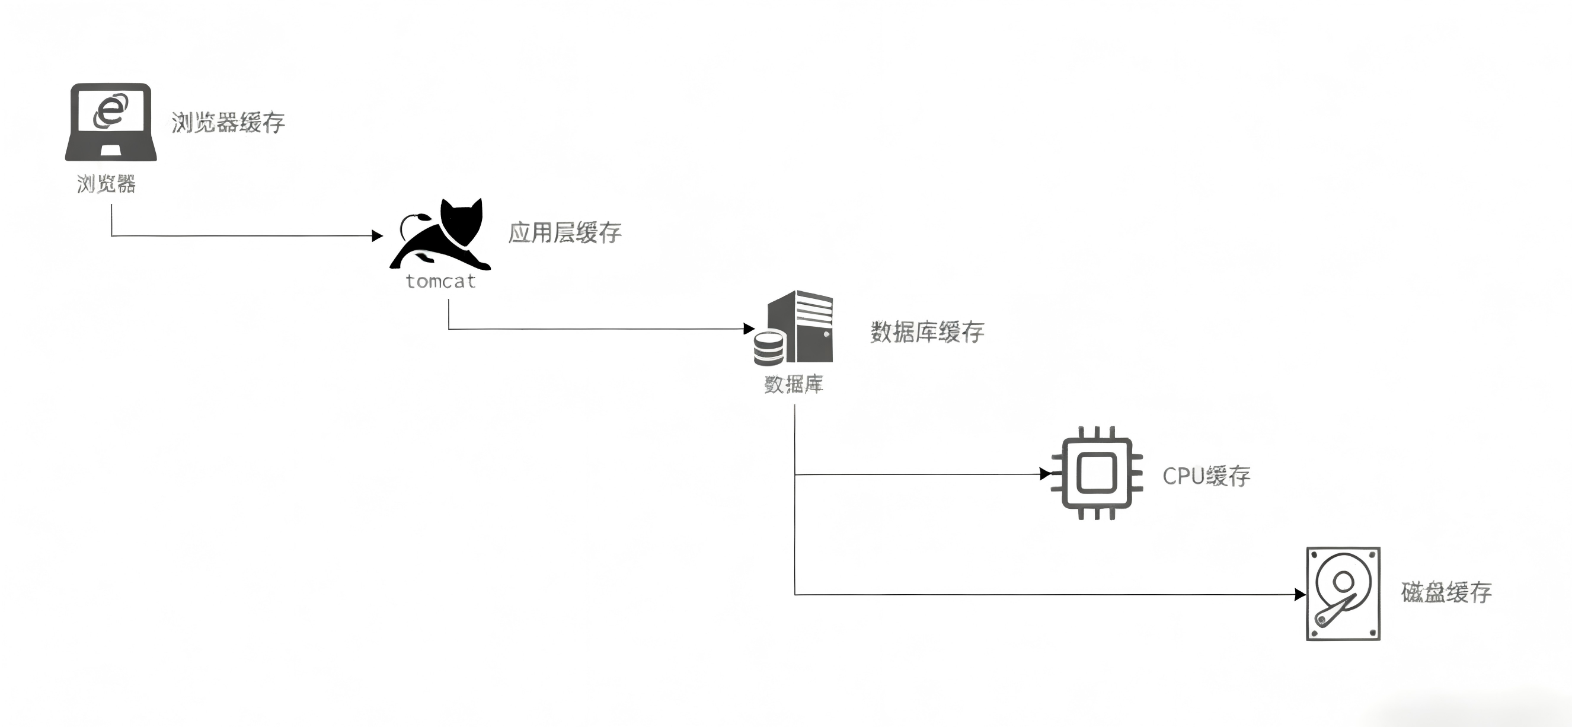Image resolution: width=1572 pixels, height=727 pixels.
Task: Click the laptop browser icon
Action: (110, 122)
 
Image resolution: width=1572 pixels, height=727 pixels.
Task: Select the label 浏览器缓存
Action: (228, 123)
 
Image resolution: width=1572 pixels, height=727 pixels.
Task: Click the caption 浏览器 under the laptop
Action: (106, 183)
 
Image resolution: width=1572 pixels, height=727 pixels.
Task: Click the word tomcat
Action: (440, 282)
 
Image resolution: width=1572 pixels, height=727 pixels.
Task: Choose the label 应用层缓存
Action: (564, 232)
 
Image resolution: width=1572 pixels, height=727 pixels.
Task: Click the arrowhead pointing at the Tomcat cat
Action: (377, 235)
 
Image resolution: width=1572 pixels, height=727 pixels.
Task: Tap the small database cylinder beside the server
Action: (768, 348)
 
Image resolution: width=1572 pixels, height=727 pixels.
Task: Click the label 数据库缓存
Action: (927, 332)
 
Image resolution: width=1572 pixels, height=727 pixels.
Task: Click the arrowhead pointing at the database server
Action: (749, 329)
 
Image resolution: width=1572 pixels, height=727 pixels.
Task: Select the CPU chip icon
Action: (1097, 473)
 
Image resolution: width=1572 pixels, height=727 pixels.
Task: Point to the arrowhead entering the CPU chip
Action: (1046, 474)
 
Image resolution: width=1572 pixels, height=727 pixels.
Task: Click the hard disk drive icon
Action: (1343, 594)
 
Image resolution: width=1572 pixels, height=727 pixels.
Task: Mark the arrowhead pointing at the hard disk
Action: (1300, 594)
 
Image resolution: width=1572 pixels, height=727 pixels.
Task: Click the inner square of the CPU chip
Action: (1097, 473)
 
